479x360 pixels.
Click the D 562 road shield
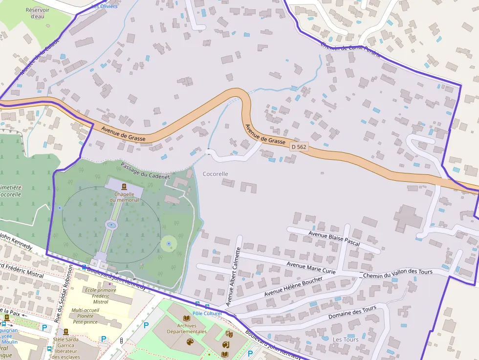pos(299,147)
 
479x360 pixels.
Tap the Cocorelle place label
pos(215,174)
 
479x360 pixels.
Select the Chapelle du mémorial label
pos(124,196)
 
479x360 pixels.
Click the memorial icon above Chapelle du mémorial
pos(124,187)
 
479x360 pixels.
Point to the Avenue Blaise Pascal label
pos(334,238)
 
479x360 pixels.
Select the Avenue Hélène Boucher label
pos(293,287)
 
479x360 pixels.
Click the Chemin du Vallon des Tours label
pos(398,274)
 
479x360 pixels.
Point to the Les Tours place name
pos(345,339)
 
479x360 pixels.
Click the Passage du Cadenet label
pos(145,170)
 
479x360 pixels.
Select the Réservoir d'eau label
pos(38,13)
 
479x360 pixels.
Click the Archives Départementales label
pos(187,328)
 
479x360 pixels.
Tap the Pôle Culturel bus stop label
pos(207,313)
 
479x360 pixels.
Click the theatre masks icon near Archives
pos(228,334)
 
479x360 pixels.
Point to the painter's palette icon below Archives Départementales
pos(189,341)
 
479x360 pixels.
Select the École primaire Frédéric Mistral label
pos(100,296)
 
